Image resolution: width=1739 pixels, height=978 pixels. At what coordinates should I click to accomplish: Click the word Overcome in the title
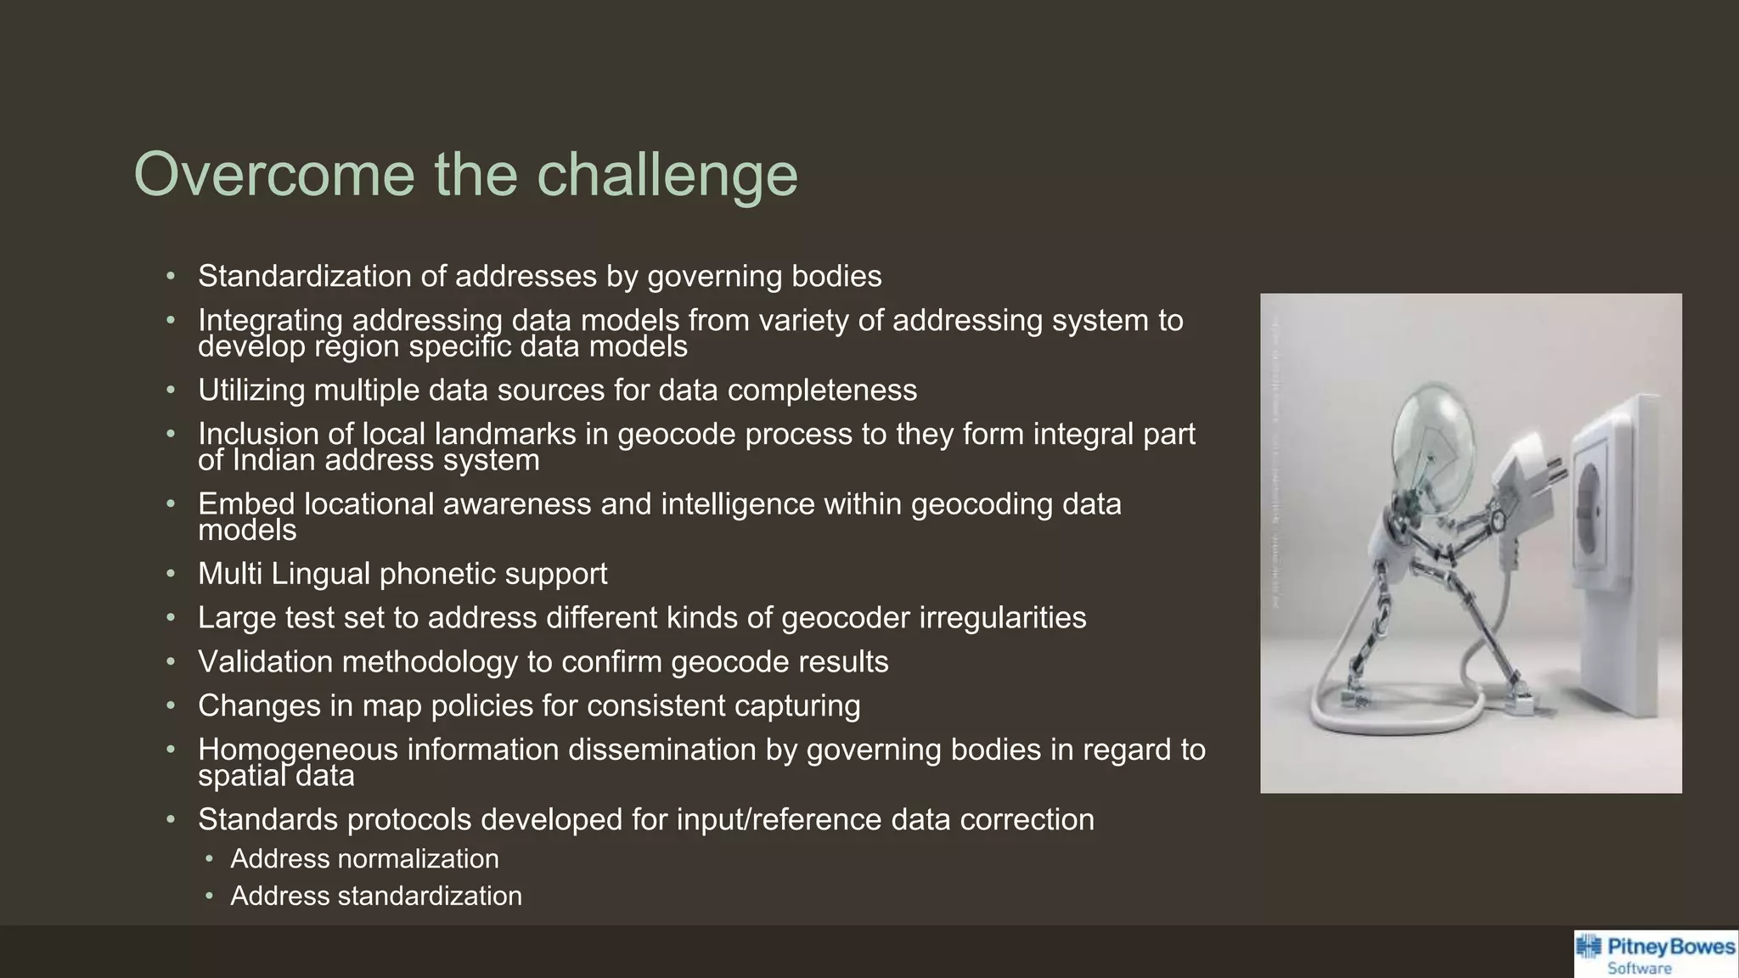coord(274,175)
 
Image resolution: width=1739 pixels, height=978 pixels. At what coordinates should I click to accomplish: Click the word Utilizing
coord(251,391)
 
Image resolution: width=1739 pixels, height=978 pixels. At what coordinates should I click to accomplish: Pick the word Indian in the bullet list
coord(273,461)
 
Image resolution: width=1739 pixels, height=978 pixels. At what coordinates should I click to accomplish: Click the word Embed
coord(246,504)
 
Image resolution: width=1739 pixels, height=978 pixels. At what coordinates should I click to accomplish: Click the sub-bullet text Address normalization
coord(364,859)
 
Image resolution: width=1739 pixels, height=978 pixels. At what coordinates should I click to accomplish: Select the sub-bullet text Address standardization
coord(376,896)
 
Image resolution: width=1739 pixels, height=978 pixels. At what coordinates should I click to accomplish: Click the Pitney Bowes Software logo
coord(1655,954)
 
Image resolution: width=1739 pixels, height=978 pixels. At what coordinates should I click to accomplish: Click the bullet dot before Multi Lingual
coord(171,574)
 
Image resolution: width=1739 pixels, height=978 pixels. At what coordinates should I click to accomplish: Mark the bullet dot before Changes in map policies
coord(171,706)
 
